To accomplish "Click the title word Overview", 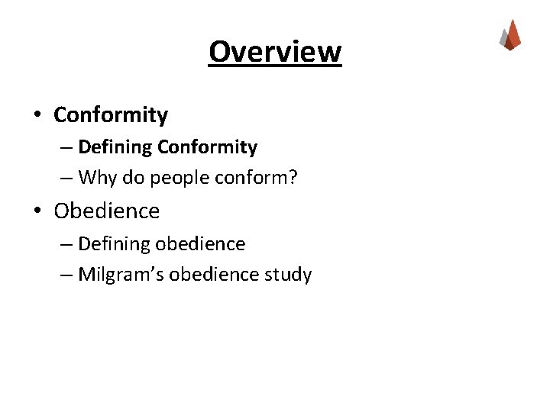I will click(x=275, y=52).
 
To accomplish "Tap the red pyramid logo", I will click(x=510, y=35).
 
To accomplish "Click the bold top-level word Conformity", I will click(x=111, y=115).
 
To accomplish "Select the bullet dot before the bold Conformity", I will click(x=37, y=116).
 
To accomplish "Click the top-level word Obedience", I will click(x=107, y=211).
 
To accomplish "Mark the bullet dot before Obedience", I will click(x=37, y=211).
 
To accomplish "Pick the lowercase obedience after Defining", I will click(x=200, y=244).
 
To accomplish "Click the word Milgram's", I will click(x=121, y=275).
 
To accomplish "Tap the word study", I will click(x=288, y=275).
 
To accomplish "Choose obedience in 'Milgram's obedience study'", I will click(x=215, y=275).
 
